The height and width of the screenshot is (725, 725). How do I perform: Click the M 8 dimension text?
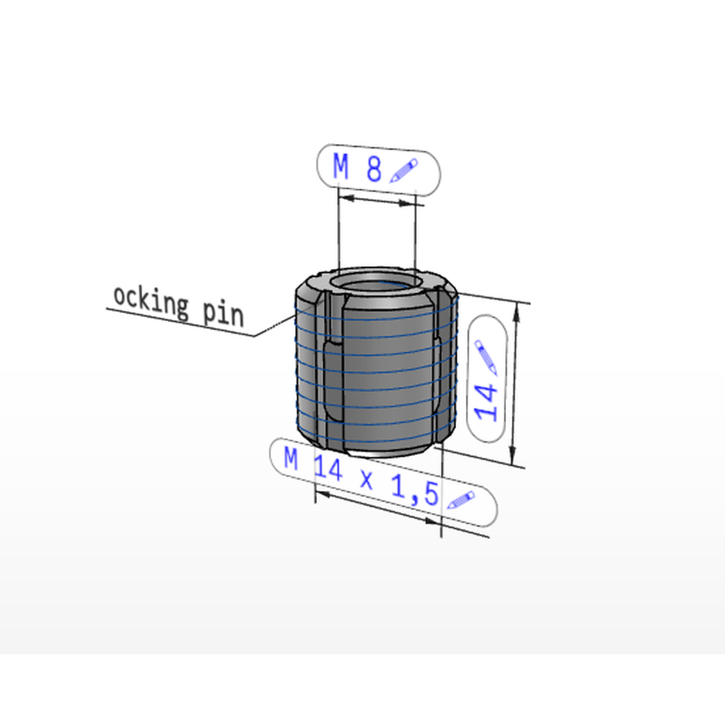tap(357, 168)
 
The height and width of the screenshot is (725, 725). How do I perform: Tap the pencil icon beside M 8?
tap(403, 171)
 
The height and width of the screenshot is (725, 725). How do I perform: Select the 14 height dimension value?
tap(486, 402)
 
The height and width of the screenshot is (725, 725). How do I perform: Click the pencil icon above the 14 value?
tap(486, 356)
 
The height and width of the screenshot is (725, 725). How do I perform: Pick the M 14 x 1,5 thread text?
tap(361, 477)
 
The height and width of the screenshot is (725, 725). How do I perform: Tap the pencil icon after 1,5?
tap(461, 500)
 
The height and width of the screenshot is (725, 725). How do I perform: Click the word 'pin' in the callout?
tap(224, 313)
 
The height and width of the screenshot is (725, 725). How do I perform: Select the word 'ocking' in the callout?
tap(151, 301)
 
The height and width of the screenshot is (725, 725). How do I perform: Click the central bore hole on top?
tap(376, 285)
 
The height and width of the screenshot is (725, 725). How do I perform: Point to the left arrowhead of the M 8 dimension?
tap(347, 198)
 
